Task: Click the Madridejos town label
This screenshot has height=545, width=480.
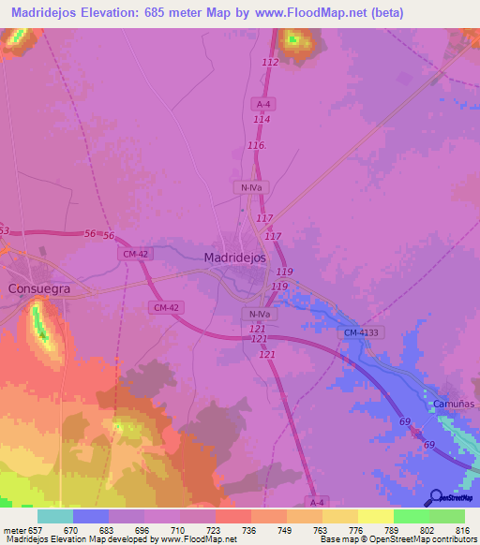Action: click(235, 258)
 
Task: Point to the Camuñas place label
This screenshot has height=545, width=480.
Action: click(454, 403)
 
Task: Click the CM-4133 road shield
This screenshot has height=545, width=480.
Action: click(362, 332)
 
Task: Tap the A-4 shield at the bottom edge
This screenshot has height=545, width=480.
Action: click(318, 502)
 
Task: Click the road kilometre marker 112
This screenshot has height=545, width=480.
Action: click(271, 62)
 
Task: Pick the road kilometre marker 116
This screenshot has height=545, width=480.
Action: click(257, 147)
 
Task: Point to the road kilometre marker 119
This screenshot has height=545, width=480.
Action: click(284, 272)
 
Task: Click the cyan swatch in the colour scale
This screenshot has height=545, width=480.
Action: click(55, 516)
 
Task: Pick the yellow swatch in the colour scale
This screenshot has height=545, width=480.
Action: click(375, 516)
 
